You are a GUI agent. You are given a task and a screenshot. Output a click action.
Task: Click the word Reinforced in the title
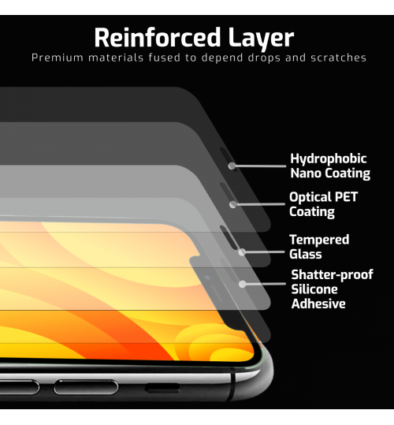pyautogui.click(x=158, y=37)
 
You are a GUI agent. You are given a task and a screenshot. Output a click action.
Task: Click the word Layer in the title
pyautogui.click(x=261, y=39)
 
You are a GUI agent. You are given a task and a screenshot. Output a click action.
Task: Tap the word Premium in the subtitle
pyautogui.click(x=58, y=58)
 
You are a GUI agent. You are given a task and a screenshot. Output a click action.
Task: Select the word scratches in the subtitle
pyautogui.click(x=339, y=58)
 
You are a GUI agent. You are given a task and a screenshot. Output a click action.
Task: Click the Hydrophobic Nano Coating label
pyautogui.click(x=330, y=166)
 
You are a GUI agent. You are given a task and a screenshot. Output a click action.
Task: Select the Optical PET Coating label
pyautogui.click(x=323, y=204)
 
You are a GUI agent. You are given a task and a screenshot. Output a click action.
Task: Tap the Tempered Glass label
pyautogui.click(x=319, y=247)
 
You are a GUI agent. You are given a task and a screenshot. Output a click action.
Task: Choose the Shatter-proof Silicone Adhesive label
pyautogui.click(x=332, y=289)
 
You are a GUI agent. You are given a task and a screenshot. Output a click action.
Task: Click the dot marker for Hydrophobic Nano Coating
pyautogui.click(x=232, y=166)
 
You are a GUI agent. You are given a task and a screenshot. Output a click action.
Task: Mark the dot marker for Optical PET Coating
pyautogui.click(x=233, y=205)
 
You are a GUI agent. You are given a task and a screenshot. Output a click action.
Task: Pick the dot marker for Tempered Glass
pyautogui.click(x=242, y=252)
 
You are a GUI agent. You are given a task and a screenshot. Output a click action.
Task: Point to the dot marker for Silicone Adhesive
pyautogui.click(x=243, y=285)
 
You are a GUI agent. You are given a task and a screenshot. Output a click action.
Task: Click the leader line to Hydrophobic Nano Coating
pyautogui.click(x=261, y=166)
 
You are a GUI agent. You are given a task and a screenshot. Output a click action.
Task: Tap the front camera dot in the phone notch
pyautogui.click(x=207, y=278)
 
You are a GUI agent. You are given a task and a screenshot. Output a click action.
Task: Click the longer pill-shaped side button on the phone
pyautogui.click(x=86, y=387)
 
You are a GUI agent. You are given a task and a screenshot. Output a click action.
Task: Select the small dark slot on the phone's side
pyautogui.click(x=162, y=388)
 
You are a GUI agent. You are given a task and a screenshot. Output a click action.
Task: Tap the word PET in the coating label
pyautogui.click(x=347, y=197)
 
